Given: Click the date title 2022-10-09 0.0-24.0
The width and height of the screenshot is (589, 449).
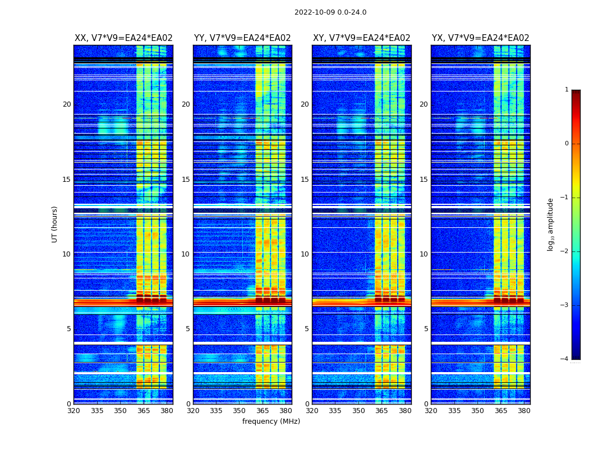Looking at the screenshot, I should (330, 12).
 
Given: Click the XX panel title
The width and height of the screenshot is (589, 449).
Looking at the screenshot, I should (123, 38).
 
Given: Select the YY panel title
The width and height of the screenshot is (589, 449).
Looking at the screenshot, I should (242, 38).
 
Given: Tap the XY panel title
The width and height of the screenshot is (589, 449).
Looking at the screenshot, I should (361, 38).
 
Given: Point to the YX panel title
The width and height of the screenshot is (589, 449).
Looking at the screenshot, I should (480, 38).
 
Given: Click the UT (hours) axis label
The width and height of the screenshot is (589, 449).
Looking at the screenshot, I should (54, 224).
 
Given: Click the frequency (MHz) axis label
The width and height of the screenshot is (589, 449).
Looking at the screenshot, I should (271, 421).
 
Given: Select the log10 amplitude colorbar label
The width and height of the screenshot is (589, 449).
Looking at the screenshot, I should (551, 224).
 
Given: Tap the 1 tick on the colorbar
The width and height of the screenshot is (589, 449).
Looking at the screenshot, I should (567, 90).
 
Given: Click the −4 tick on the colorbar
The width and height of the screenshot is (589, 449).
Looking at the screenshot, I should (565, 359).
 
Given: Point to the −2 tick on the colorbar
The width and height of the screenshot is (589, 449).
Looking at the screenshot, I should (565, 251).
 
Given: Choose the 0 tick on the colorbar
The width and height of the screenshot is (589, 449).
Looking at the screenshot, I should (567, 144).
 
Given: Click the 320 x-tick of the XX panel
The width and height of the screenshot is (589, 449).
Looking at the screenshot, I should (74, 411).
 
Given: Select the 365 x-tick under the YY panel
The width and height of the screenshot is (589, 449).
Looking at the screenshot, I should (263, 411).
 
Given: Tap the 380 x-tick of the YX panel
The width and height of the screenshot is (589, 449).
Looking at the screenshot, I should (524, 411).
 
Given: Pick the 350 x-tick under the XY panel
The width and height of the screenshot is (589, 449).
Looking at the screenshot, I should (358, 411).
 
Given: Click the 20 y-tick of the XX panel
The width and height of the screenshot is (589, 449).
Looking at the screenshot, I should (67, 104).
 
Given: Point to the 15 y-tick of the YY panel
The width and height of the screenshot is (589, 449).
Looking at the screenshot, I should (186, 180).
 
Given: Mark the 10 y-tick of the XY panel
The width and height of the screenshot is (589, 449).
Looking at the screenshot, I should (305, 254).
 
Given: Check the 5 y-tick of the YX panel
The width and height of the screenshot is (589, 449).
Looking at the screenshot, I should (426, 329).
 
